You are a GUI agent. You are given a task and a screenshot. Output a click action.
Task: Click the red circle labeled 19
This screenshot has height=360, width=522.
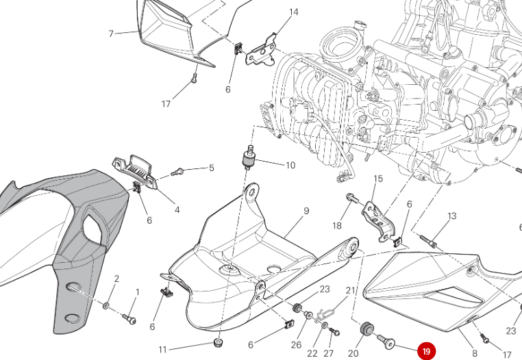click(426, 351)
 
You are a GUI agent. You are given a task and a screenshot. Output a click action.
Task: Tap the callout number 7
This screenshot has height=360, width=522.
click(111, 34)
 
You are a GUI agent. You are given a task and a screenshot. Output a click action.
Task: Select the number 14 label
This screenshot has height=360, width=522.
click(294, 12)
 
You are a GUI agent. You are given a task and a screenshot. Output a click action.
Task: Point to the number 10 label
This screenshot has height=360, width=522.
click(290, 165)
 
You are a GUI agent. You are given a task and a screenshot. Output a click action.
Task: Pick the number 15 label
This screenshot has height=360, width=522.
click(377, 179)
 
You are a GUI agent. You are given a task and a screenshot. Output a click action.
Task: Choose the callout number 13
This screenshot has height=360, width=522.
click(452, 216)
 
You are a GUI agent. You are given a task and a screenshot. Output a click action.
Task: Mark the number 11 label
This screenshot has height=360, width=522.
click(162, 350)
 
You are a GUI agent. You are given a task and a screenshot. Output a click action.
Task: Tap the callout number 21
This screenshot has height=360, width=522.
click(351, 291)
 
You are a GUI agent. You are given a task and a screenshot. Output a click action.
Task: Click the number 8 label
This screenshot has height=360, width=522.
click(474, 353)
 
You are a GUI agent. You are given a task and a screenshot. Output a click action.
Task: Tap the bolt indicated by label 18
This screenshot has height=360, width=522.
click(351, 198)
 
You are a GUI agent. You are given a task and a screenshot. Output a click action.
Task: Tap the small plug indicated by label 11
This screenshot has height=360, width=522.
click(219, 341)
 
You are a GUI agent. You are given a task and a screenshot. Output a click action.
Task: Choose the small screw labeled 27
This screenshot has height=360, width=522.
click(334, 331)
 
